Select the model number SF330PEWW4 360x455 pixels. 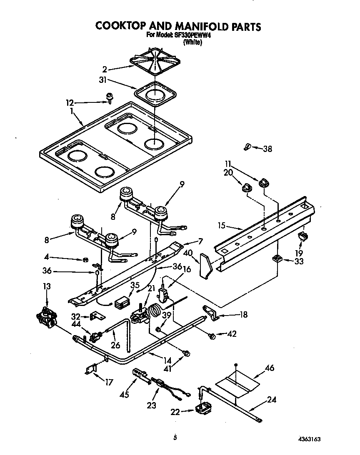click(187, 35)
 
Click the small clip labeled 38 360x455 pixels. click(247, 146)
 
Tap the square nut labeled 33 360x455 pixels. click(276, 259)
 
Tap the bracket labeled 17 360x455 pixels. click(92, 368)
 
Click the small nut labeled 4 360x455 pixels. click(85, 260)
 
